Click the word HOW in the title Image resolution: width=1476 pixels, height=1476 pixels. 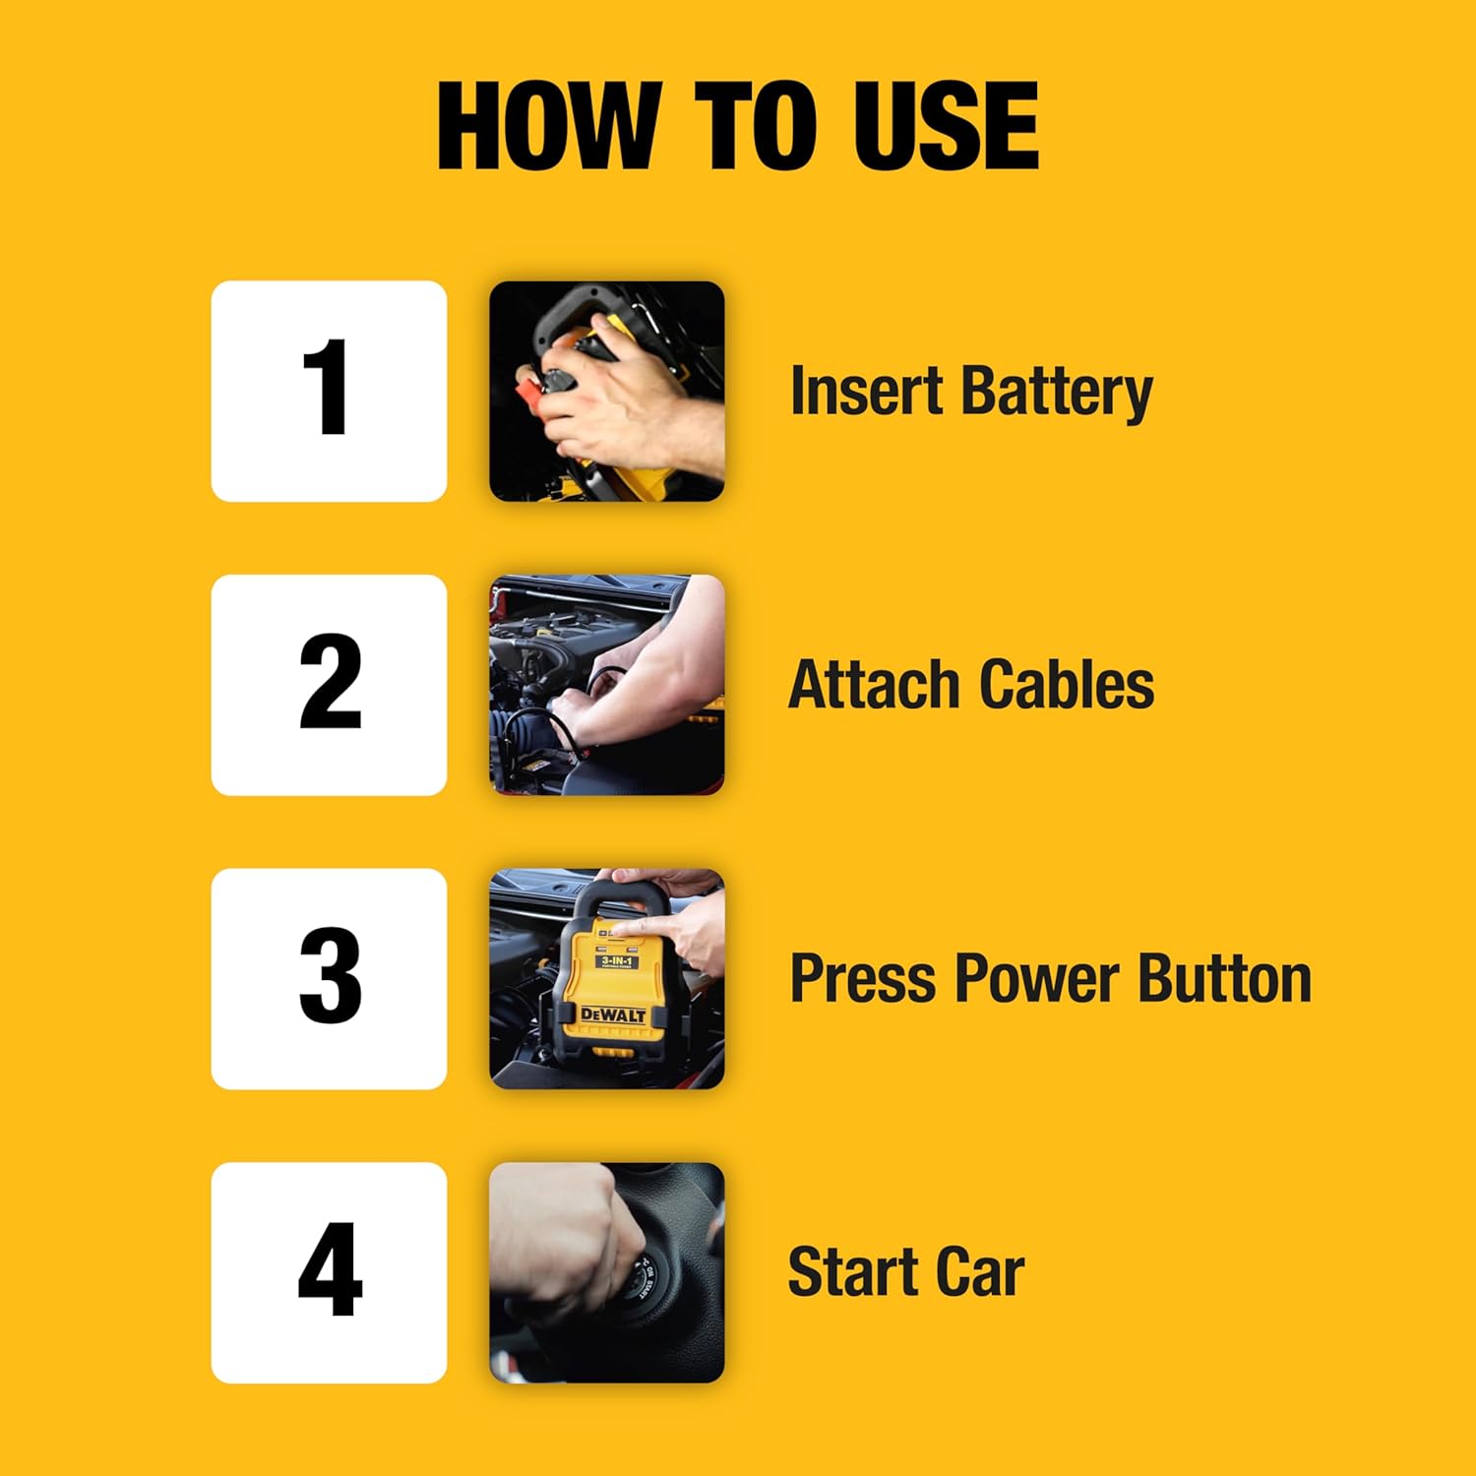point(547,126)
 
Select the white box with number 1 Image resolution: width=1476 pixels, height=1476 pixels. point(329,391)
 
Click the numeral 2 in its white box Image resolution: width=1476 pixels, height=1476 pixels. point(330,683)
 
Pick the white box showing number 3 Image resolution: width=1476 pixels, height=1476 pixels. point(329,978)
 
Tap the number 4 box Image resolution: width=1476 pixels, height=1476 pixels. point(329,1272)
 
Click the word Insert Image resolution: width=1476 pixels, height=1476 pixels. point(866,391)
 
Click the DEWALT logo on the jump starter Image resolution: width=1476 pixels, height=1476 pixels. point(612,1014)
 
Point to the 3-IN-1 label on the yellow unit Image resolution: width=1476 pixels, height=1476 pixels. point(616,960)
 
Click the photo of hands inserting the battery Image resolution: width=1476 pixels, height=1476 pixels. point(607,391)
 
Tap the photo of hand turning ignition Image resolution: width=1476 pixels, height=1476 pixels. point(607,1272)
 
